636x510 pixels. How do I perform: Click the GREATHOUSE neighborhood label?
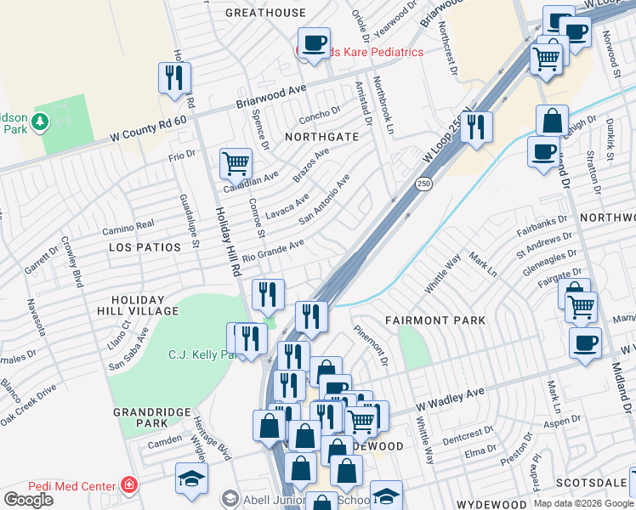265,13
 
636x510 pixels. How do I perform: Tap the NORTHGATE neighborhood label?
321,136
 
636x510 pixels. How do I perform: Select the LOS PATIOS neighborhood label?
145,247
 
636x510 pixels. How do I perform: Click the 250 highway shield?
423,184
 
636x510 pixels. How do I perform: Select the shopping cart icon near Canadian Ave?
235,161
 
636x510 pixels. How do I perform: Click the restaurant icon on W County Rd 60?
173,78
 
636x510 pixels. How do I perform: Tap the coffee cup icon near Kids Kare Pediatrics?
313,42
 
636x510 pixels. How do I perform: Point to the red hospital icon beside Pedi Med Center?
128,485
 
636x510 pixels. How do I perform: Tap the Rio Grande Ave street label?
273,249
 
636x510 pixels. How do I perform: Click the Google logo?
28,499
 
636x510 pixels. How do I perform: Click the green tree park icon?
39,124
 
